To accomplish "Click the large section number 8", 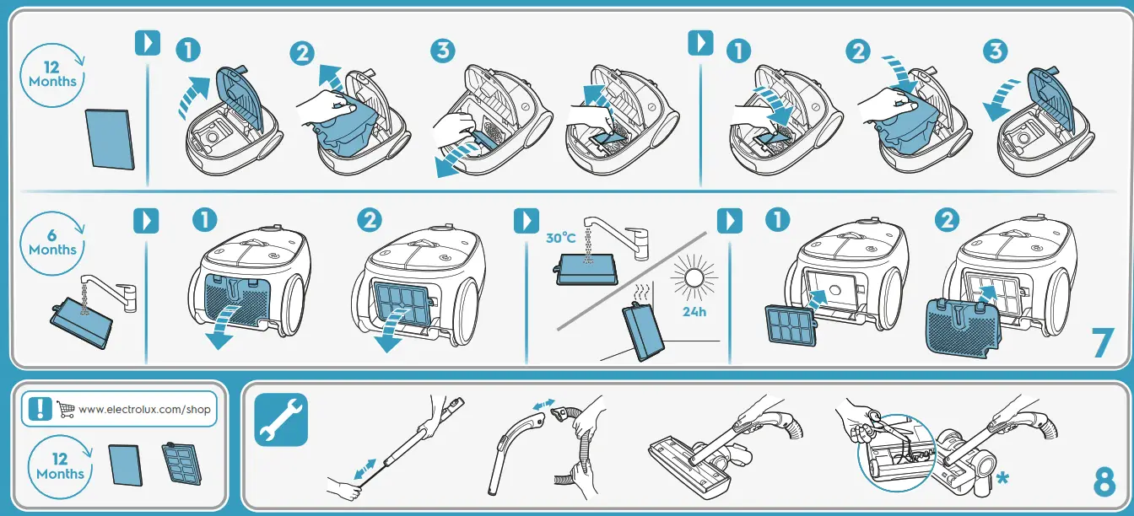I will pos(1104,481).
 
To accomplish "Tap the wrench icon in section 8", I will pos(281,419).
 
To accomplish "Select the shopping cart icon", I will pos(66,409).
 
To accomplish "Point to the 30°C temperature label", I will pos(560,239).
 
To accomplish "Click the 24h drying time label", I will pos(694,311).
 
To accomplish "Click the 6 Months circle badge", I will pos(52,243).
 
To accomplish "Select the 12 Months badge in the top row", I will pos(52,75).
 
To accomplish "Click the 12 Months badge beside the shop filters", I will pos(59,466).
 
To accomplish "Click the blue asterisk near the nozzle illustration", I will pos(1002,479).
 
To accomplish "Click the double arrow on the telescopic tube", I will pos(365,470).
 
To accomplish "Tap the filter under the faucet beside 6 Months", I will pos(80,327).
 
